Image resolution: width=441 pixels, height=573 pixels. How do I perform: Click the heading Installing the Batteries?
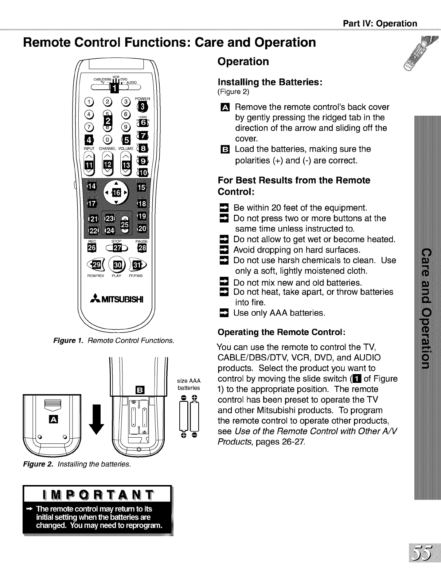click(x=269, y=82)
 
